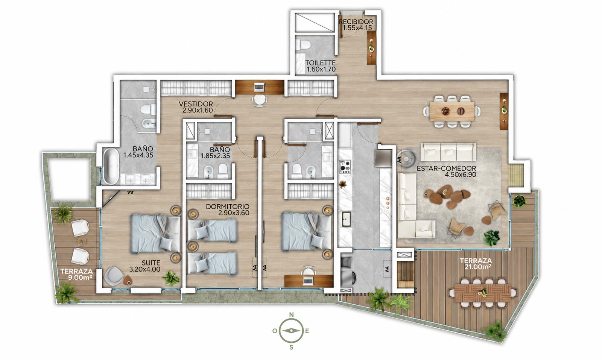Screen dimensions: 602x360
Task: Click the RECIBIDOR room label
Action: [x=356, y=22]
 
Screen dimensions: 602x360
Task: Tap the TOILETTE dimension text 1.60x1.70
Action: [x=321, y=69]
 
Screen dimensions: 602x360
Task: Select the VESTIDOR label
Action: [x=196, y=104]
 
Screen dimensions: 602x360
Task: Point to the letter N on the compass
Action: [x=291, y=315]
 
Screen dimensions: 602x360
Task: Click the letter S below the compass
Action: [x=291, y=347]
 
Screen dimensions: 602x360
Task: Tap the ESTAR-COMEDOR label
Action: [x=446, y=169]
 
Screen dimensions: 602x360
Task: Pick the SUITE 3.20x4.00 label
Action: [x=145, y=266]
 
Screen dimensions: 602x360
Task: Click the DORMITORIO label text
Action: [x=228, y=207]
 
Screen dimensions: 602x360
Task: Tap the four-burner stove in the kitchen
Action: [x=345, y=167]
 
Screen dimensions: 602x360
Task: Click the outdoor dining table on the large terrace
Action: [x=482, y=293]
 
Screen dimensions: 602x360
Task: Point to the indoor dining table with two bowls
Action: [x=452, y=111]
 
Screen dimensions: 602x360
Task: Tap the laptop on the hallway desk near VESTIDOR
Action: [x=260, y=87]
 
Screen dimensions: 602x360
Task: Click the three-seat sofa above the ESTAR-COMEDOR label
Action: [x=448, y=152]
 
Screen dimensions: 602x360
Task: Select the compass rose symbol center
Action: [x=291, y=331]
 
